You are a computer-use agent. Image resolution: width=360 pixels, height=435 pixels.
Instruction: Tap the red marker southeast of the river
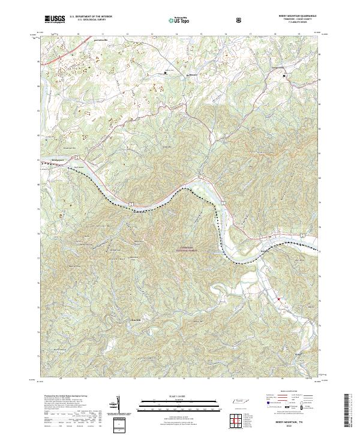click(279, 298)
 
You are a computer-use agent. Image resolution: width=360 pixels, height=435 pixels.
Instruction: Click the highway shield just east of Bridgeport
click(77, 157)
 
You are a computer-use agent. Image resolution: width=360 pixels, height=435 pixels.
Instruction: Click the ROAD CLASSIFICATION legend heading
click(292, 395)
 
